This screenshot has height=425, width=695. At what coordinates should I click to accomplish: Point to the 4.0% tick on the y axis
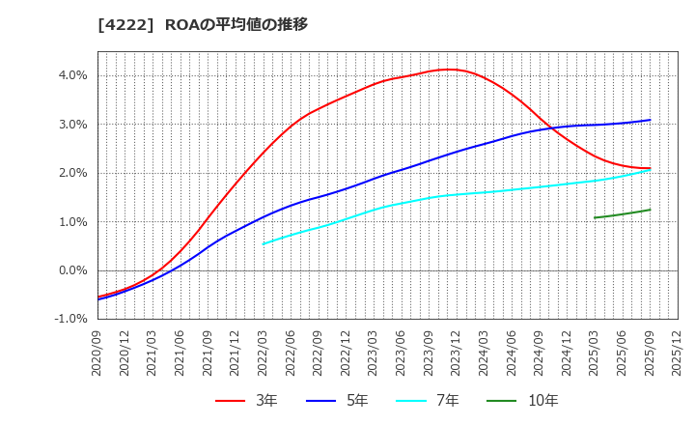[73, 75]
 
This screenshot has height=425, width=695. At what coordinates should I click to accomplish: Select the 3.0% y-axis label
[73, 125]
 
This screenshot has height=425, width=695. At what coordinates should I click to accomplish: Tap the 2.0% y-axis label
[73, 173]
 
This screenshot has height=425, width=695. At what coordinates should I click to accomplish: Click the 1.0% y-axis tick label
[73, 222]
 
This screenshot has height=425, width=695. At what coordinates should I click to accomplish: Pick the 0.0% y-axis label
[73, 270]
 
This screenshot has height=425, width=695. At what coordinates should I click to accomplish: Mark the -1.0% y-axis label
[71, 320]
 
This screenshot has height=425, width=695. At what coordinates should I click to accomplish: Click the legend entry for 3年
[245, 400]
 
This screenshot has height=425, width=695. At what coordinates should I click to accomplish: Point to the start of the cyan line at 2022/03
[264, 243]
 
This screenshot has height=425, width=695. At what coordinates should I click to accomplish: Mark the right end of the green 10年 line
[650, 210]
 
